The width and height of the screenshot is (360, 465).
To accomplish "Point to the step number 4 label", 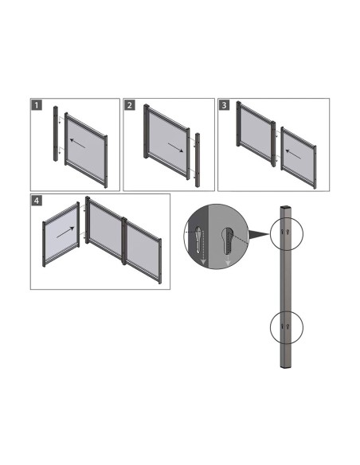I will click(37, 200).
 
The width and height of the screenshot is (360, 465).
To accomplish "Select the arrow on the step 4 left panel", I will click(65, 232).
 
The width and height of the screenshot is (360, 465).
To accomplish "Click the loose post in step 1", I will click(56, 139).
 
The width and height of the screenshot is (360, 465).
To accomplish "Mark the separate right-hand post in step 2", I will click(197, 158).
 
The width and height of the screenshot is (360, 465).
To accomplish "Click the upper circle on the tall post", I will click(287, 231).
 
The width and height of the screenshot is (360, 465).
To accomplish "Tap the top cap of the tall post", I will click(287, 209).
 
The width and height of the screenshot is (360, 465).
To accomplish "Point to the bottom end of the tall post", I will click(287, 368).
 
